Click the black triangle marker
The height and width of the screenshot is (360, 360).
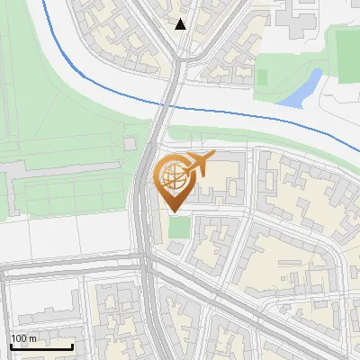coord(181,24)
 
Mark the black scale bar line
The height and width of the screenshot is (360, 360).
coord(41,346)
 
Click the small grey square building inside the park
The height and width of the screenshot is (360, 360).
coord(130,143)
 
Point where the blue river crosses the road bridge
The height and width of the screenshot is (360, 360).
coord(166,104)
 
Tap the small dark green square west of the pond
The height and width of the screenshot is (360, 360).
coord(262,76)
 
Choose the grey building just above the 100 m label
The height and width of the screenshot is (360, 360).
coord(36,314)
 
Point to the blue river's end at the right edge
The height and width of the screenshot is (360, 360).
coord(356,149)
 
